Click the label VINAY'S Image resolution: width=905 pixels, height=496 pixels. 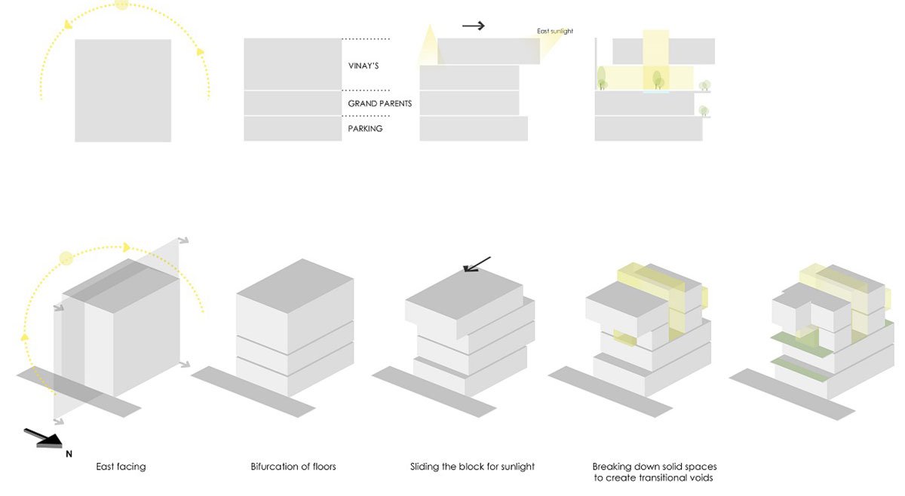click(363, 66)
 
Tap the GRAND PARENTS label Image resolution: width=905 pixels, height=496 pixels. click(379, 103)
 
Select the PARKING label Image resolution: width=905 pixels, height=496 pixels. click(365, 129)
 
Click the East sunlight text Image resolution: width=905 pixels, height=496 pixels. click(555, 31)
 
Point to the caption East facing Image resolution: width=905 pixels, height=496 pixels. click(121, 467)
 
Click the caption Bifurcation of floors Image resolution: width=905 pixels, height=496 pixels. click(293, 467)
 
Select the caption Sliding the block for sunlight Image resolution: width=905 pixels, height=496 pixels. click(473, 467)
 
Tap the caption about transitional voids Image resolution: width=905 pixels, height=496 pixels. click(654, 472)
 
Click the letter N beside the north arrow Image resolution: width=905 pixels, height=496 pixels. click(69, 454)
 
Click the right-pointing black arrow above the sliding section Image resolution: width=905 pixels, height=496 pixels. click(473, 26)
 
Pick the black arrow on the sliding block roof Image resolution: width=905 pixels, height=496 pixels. click(477, 264)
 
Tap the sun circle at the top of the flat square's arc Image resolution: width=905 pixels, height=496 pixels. click(121, 5)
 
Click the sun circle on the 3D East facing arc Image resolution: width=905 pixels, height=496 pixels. click(66, 258)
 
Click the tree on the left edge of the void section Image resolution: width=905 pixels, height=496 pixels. click(601, 77)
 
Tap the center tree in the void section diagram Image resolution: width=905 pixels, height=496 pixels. click(656, 79)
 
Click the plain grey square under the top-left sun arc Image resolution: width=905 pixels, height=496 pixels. click(123, 90)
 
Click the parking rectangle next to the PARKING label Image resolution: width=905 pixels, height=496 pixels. click(293, 129)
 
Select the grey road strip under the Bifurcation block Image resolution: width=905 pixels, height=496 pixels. click(253, 391)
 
